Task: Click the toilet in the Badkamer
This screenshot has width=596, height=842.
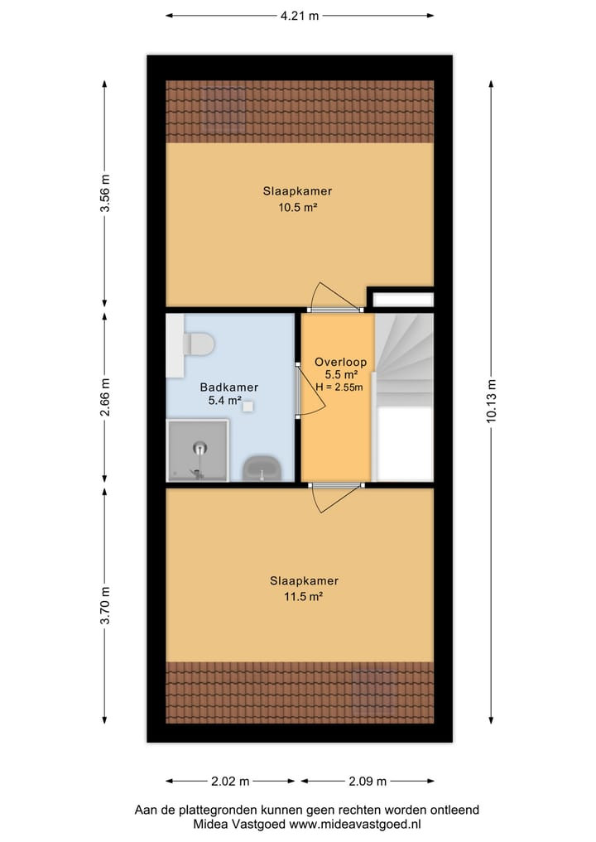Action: (199, 344)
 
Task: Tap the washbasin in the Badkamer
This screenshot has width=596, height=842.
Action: (262, 469)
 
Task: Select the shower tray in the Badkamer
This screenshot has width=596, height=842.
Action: (198, 450)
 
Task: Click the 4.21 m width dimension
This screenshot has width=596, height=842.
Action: (300, 16)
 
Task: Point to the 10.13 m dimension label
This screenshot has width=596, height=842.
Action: (492, 401)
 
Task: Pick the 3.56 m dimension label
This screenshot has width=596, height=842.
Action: (104, 193)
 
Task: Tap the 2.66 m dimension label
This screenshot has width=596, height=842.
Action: (104, 397)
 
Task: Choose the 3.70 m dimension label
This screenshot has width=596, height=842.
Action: (104, 605)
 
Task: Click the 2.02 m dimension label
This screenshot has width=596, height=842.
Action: (230, 782)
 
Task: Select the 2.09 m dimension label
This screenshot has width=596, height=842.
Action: (368, 782)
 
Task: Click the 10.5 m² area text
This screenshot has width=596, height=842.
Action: (297, 207)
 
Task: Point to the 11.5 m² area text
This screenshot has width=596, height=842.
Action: (303, 596)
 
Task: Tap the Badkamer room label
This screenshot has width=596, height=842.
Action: (228, 387)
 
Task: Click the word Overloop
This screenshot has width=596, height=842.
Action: (340, 362)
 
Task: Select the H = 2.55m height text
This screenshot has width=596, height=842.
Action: (339, 387)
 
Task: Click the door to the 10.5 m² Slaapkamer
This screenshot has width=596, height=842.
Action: (334, 296)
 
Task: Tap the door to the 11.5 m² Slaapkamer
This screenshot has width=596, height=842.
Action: (336, 498)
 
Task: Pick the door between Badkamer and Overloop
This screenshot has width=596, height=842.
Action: (310, 391)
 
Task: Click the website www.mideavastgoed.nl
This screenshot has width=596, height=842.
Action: (355, 824)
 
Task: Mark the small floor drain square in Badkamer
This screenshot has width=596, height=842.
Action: (248, 407)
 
